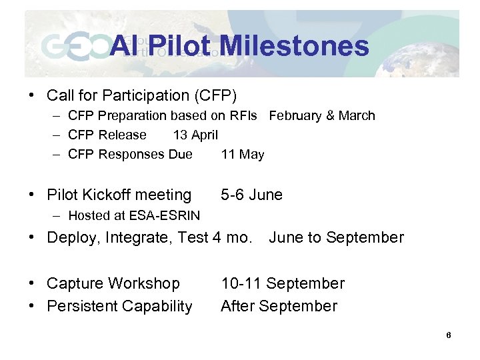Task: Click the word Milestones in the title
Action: pyautogui.click(x=293, y=46)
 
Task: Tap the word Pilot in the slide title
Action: pyautogui.click(x=179, y=46)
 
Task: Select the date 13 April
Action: pyautogui.click(x=195, y=135)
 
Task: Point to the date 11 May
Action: pyautogui.click(x=243, y=155)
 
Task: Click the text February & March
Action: pyautogui.click(x=322, y=115)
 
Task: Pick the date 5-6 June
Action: pyautogui.click(x=251, y=195)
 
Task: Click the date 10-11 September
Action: pyautogui.click(x=283, y=283)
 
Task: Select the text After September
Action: pyautogui.click(x=279, y=306)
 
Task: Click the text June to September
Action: pyautogui.click(x=336, y=237)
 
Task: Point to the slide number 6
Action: pyautogui.click(x=449, y=335)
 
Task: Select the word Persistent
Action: pyautogui.click(x=81, y=306)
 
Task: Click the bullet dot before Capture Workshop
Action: pyautogui.click(x=31, y=283)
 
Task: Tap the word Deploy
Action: pyautogui.click(x=70, y=237)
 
